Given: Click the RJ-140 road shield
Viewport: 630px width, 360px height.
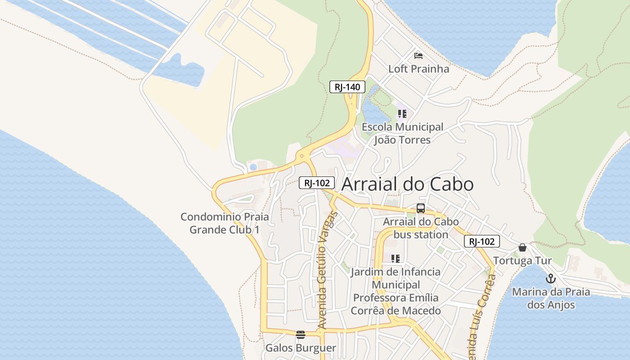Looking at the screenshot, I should click(x=347, y=87).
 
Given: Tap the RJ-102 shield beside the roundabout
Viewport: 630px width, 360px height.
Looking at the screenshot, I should click(x=317, y=183).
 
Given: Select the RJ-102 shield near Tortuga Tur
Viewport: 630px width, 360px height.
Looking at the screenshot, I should click(x=481, y=241).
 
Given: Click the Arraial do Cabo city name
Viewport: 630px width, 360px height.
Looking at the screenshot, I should click(x=407, y=184).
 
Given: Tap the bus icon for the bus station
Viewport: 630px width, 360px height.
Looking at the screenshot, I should click(x=421, y=208).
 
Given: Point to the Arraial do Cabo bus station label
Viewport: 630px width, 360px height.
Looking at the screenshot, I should click(x=421, y=228).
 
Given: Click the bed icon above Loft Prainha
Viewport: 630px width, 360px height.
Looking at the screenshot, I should click(x=418, y=56).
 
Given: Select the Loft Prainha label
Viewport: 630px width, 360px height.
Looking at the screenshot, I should click(x=418, y=69).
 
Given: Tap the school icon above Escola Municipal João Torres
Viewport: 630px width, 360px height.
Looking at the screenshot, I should click(x=402, y=113).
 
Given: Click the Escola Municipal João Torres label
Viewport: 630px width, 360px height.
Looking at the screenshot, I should click(x=402, y=133).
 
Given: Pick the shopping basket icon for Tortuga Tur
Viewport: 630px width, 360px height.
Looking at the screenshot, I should click(x=522, y=247).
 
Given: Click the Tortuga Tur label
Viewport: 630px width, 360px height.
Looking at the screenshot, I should click(x=522, y=261).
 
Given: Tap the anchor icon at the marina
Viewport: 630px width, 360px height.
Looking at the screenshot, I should click(x=551, y=279).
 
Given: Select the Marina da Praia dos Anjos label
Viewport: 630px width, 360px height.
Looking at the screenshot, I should click(x=551, y=298).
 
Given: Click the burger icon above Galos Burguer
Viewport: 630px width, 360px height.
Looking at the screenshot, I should click(x=301, y=334).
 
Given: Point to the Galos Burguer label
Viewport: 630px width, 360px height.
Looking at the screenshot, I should click(x=301, y=348).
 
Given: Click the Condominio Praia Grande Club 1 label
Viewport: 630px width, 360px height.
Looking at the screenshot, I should click(x=225, y=223).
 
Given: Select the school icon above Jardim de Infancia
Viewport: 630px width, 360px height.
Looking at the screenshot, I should click(x=396, y=258).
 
